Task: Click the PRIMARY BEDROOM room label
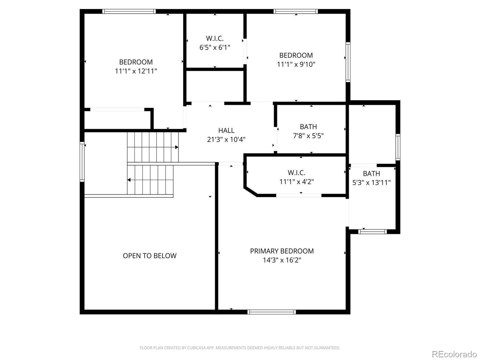point(282,251)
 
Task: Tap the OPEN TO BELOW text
point(150,256)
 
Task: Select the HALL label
point(226,130)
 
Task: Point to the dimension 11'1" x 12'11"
point(136,71)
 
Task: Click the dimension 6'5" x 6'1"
point(215,47)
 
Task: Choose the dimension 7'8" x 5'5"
point(308,136)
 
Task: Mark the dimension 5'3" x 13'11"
point(371,182)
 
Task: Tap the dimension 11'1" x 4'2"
point(296,181)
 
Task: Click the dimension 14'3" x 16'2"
point(282,260)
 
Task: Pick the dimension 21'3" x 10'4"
point(226,139)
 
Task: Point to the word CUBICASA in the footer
point(196,348)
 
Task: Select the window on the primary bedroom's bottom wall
point(271,312)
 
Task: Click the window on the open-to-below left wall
point(82,161)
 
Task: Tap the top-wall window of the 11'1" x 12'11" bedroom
point(129,11)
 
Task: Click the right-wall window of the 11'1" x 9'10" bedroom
point(348,62)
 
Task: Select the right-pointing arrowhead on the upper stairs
point(177,147)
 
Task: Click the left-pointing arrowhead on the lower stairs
point(129,180)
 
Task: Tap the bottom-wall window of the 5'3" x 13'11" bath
point(372,232)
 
